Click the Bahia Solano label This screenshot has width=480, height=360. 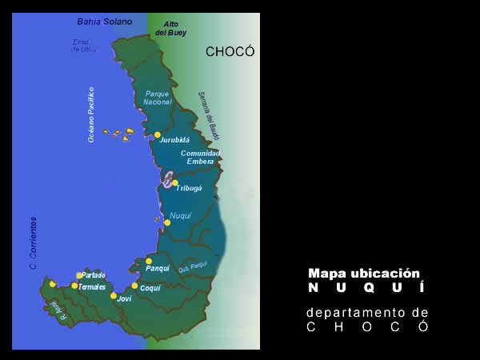[x=105, y=21]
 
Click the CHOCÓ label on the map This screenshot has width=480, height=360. [x=230, y=52]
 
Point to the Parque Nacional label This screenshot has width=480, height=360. [x=158, y=98]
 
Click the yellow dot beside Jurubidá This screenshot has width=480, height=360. [x=158, y=134]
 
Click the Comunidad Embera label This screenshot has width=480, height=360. [x=200, y=157]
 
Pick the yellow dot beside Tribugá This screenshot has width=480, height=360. [x=175, y=182]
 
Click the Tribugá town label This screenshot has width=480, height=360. [x=189, y=189]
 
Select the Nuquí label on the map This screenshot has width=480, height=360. [x=181, y=216]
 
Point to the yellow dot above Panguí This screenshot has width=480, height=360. [x=149, y=261]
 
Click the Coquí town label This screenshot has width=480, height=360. [x=150, y=288]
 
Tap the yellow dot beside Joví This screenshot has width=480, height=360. [x=114, y=296]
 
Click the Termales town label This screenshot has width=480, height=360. [x=92, y=286]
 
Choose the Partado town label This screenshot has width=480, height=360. [x=93, y=275]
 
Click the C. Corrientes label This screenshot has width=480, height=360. [x=34, y=242]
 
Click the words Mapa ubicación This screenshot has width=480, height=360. [x=363, y=273]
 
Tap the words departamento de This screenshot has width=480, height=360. [x=367, y=312]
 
